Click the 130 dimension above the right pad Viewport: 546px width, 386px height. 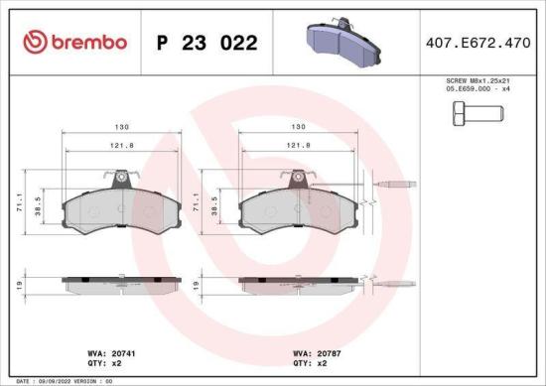point(297,127)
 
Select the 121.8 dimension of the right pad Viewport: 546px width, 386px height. point(297,146)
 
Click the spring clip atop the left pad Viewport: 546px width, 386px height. point(119,179)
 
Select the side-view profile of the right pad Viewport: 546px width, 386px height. point(297,284)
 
